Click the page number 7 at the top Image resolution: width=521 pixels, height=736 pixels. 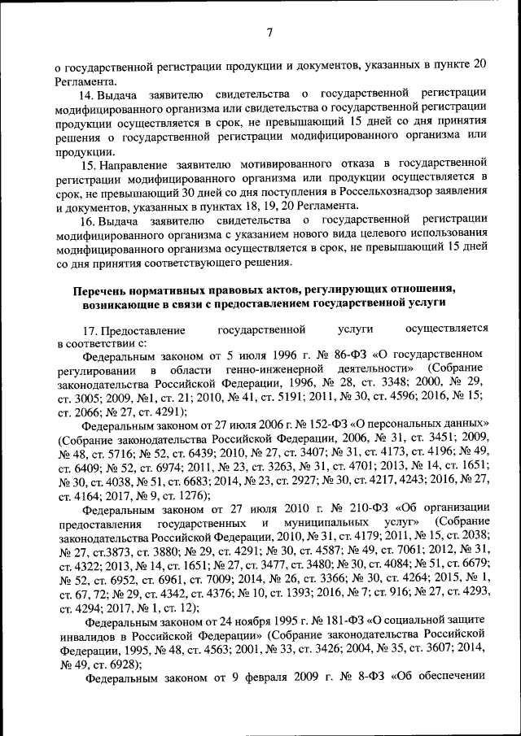point(269,32)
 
